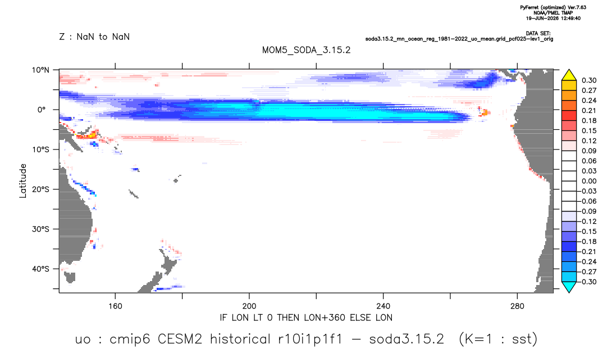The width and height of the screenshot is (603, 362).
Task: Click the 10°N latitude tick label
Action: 40,70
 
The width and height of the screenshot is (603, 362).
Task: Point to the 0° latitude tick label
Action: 42,110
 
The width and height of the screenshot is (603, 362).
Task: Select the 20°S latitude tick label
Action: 40,189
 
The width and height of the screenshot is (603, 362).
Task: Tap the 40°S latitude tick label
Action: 40,269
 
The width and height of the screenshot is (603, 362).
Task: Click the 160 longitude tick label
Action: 115,306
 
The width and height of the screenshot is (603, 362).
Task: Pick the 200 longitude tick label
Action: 249,306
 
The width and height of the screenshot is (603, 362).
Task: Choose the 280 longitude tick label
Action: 517,306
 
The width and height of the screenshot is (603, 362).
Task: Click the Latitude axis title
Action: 23,181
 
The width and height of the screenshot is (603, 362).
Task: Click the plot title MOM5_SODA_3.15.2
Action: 307,51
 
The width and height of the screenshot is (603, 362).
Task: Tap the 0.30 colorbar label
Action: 589,80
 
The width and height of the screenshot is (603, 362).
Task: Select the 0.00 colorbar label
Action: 589,181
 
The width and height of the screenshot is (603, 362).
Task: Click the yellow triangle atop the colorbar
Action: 569,75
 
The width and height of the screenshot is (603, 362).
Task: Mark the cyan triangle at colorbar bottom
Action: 569,287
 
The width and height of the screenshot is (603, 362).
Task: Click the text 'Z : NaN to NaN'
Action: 94,37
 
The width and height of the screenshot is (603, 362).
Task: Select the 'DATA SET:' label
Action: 538,34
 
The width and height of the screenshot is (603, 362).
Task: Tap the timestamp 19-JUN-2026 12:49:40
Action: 554,18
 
